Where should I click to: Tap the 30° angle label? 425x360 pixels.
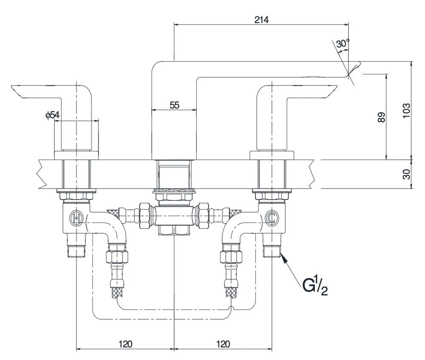(342, 43)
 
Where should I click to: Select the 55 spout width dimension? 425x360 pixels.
(174, 105)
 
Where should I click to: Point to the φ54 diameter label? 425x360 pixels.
(53, 115)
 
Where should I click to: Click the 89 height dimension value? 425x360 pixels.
(381, 117)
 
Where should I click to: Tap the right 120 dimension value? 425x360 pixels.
(223, 343)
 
